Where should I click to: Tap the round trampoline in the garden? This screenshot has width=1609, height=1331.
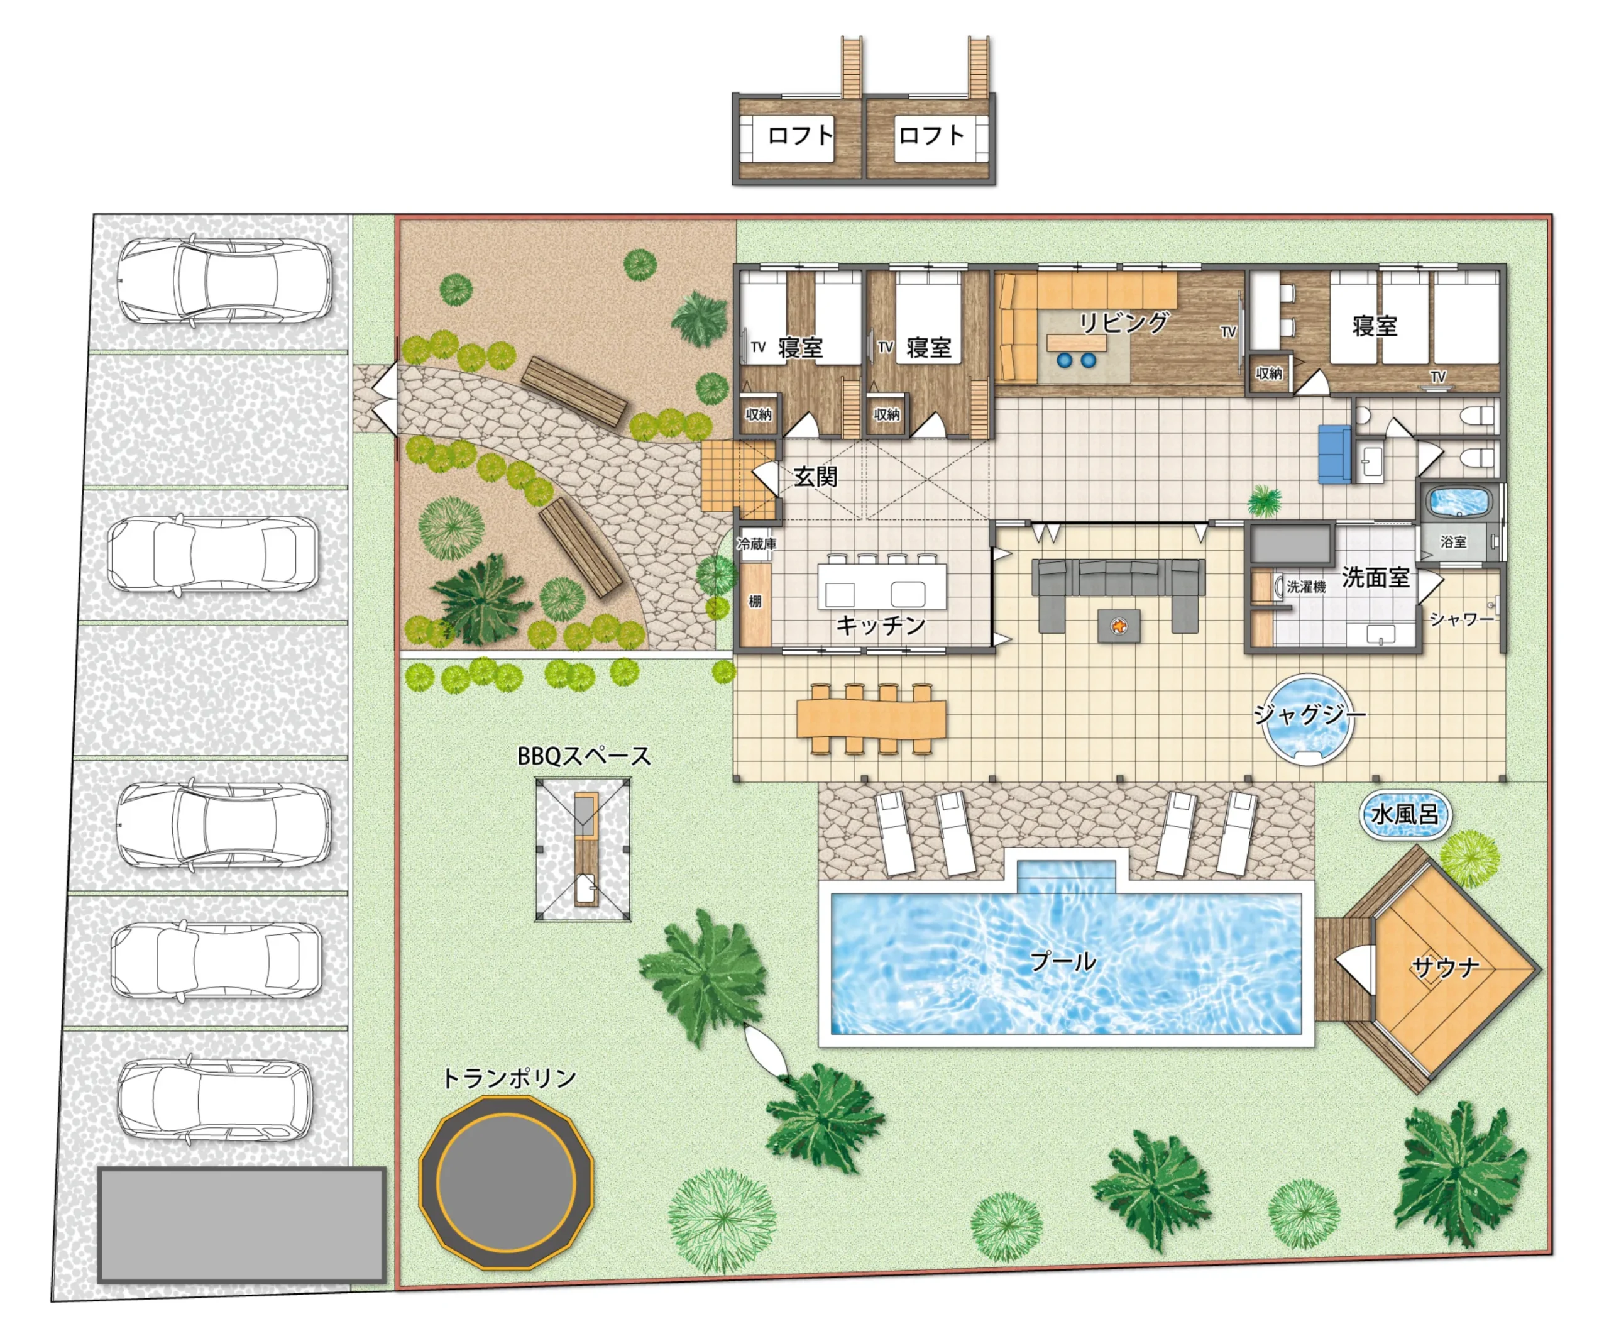coord(507,1183)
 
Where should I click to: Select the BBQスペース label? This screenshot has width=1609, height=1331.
coord(584,756)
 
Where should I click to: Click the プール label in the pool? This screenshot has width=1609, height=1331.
coord(1063,961)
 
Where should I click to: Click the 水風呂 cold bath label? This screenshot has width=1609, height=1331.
coord(1405,814)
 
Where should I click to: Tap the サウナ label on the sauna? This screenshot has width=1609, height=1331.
coord(1445,967)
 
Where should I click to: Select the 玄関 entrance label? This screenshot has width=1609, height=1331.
coord(815,477)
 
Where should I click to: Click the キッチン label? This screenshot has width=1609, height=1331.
coord(881,626)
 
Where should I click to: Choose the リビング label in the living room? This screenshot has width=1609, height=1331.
coord(1124,322)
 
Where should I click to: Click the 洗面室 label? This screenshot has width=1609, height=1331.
coord(1375,578)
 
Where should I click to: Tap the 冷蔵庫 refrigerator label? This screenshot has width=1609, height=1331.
coord(756,543)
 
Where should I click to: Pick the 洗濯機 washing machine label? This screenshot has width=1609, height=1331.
coord(1306,586)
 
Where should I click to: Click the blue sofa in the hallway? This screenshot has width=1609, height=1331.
coord(1334,454)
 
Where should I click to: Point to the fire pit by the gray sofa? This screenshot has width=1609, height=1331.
coord(1119,626)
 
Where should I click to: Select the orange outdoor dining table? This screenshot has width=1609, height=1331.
coord(871,719)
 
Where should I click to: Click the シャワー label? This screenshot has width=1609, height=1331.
coord(1462,619)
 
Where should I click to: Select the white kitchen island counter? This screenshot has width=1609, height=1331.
coord(882,586)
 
